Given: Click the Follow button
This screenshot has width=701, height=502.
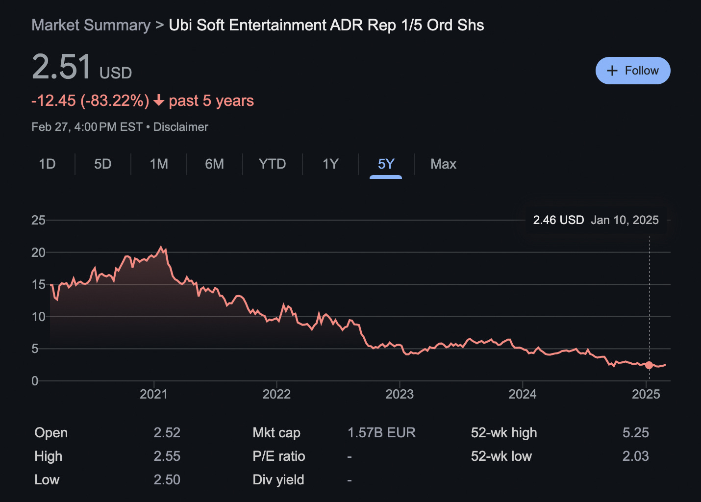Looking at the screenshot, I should pos(632,71).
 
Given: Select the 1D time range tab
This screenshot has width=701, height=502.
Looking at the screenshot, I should pos(47,164).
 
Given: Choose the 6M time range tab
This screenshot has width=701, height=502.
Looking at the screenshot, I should pos(214,164).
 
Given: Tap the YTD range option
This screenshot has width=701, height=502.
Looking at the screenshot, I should pos(272,164).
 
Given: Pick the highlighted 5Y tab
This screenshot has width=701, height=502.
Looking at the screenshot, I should pos(386,164).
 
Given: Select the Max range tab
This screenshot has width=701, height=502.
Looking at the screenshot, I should pos(443,164).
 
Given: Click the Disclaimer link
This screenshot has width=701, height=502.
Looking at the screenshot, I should pos(180,127).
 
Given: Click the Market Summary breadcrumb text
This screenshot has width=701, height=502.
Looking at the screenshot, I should pos(91,25).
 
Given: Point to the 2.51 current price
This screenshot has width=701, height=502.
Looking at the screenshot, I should pos(62,67).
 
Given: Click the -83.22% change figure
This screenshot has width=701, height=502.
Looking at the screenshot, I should pos(115,100).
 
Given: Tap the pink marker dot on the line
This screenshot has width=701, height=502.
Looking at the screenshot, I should pos(649,365).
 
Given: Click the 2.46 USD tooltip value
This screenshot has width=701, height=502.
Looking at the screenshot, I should pos(558,220).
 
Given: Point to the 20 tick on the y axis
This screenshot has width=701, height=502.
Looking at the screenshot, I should pos(38,252).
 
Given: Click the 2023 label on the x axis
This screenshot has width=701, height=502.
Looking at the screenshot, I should pos(400,394).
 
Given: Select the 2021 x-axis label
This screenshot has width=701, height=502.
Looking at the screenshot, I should pos(153,394).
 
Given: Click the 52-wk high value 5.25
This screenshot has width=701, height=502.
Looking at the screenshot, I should pos(635,432).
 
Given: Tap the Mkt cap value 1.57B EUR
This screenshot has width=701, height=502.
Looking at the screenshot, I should pos(381,432).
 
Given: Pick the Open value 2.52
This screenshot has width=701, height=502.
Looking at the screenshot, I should pos(167,432).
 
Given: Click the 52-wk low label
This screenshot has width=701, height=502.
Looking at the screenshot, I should pos(501,456).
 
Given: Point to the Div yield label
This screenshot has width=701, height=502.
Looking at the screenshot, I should pos(278,479).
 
